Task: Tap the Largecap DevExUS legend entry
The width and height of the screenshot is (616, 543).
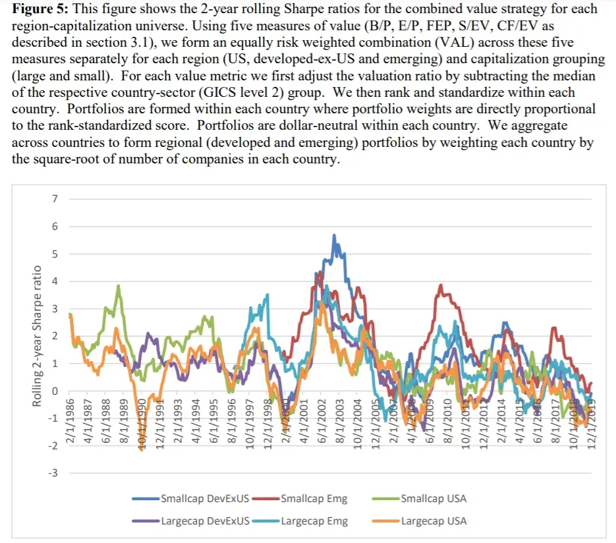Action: (205, 521)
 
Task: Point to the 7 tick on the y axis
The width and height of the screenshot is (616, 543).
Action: (55, 199)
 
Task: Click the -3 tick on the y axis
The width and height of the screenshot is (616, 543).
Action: (54, 473)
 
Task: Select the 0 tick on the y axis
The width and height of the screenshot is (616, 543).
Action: (55, 391)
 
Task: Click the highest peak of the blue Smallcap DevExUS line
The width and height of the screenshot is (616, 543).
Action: (334, 235)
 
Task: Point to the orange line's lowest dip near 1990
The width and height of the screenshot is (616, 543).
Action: (140, 450)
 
